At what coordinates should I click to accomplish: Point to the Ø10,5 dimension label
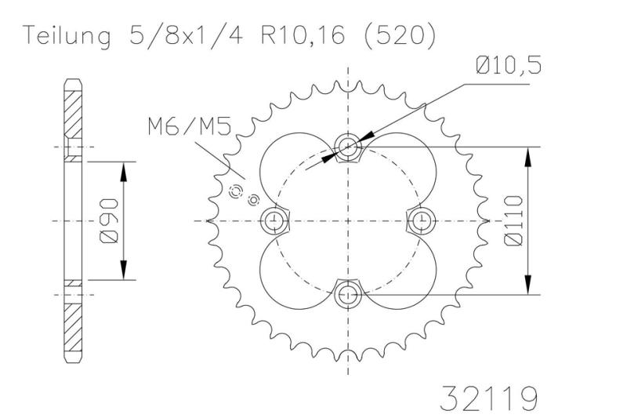click(507, 67)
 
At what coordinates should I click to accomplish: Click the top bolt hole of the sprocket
click(347, 146)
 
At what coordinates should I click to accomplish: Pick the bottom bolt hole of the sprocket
click(347, 295)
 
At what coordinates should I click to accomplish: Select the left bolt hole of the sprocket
click(273, 220)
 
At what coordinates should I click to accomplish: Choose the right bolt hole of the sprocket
click(422, 220)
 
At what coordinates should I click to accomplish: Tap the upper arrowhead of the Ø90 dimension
click(123, 170)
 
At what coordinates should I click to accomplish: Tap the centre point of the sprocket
click(347, 220)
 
